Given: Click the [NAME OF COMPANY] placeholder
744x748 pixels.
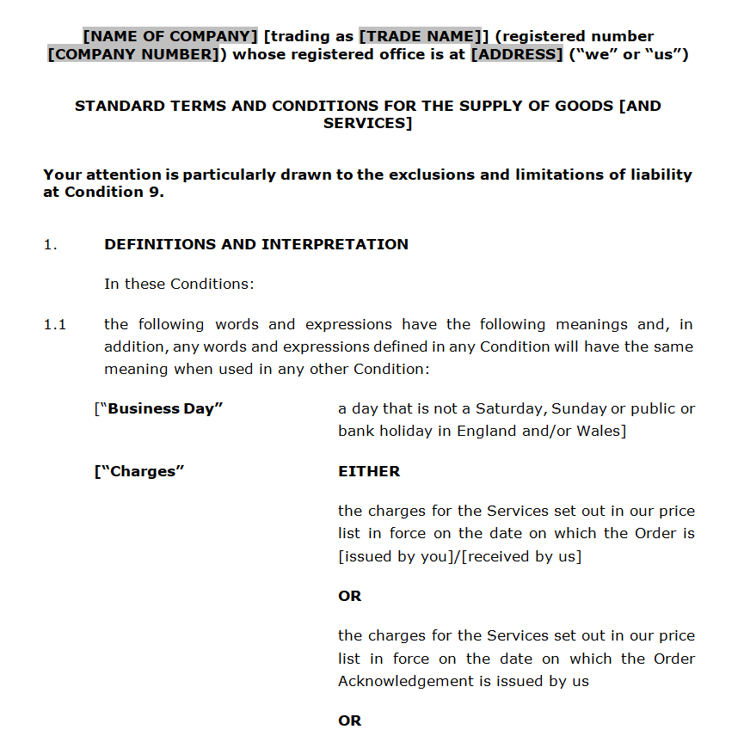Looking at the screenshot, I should [x=170, y=36].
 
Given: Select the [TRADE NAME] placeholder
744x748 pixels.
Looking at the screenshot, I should [x=417, y=36].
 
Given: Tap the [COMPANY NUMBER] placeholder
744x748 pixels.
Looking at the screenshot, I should [x=132, y=54].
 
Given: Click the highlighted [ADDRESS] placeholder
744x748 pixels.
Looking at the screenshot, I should [x=516, y=54].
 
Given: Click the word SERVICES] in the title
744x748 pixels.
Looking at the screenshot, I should [x=367, y=123].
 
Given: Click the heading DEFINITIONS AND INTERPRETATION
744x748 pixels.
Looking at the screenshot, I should [x=256, y=244].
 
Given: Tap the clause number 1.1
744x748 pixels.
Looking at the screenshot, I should [x=54, y=324].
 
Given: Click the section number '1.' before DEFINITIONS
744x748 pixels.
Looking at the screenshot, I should [x=50, y=244].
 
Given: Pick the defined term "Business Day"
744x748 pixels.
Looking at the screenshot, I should [x=164, y=408].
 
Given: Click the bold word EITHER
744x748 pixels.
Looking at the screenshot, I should [x=369, y=471].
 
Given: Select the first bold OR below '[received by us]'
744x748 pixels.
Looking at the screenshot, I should [x=350, y=596].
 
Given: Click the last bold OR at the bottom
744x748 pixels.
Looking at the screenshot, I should [x=350, y=720].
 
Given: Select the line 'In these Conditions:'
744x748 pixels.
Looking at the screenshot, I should [x=179, y=284].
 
